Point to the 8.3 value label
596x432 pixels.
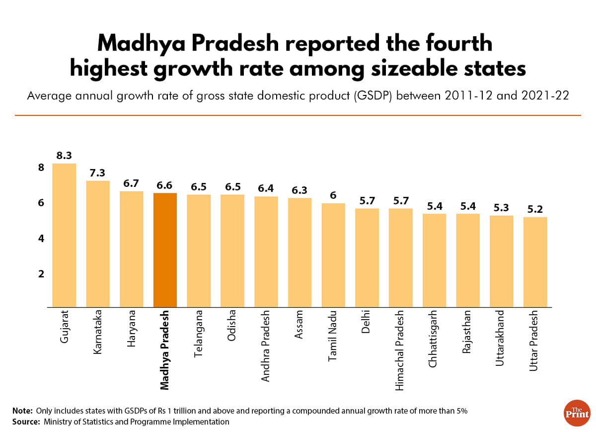(x=64, y=156)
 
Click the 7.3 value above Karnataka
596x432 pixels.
(x=98, y=173)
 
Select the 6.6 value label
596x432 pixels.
(x=165, y=185)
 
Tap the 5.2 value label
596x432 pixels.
(x=535, y=209)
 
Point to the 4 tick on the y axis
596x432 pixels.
(x=42, y=239)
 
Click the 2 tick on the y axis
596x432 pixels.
(x=42, y=274)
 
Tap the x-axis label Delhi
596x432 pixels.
(x=367, y=323)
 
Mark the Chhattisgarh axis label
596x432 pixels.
(x=434, y=340)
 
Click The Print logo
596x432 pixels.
(x=577, y=412)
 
